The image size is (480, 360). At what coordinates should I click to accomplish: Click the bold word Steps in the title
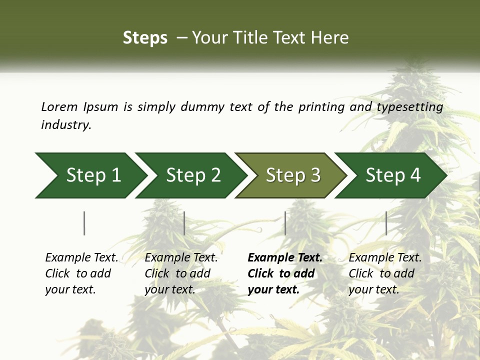tap(145, 38)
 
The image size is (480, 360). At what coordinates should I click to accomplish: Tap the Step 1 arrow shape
tap(90, 175)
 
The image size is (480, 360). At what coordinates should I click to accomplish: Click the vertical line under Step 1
tap(84, 223)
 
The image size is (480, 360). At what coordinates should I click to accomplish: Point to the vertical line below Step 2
tap(184, 223)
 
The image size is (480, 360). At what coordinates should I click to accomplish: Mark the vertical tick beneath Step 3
tap(285, 223)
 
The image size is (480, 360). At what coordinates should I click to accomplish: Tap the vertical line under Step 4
tap(386, 223)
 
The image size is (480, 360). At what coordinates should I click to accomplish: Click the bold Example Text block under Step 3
tap(284, 273)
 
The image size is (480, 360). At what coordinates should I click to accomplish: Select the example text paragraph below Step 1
tap(81, 273)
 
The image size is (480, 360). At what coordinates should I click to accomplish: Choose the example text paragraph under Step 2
tap(181, 273)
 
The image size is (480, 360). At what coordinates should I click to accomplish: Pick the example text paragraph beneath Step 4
tap(385, 273)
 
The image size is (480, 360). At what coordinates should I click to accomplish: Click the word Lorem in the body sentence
tap(59, 107)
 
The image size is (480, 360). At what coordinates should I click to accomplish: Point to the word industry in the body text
tap(66, 125)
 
